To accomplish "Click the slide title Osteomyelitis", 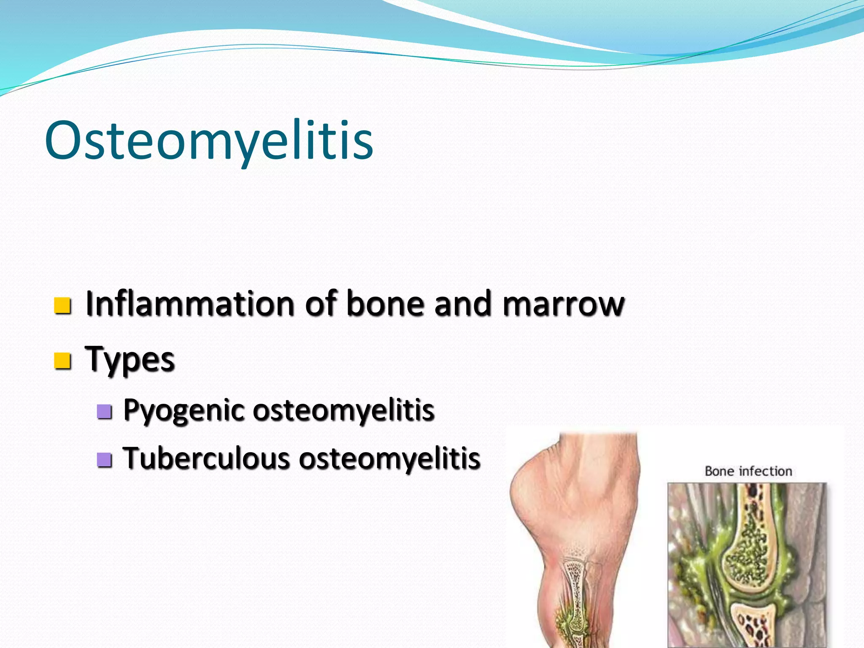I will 209,140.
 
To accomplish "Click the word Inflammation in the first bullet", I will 189,303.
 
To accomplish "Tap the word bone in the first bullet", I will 384,303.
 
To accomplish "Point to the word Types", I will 130,359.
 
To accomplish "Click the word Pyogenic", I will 184,410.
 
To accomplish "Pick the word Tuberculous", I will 206,459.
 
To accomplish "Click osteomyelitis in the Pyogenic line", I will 343,410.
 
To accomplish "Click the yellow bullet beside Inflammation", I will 62,305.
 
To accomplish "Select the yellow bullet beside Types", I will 62,361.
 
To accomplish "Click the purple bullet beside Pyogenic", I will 104,411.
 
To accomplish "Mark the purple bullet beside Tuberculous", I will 104,460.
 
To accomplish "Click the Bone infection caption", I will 748,471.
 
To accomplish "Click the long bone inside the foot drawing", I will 575,591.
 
